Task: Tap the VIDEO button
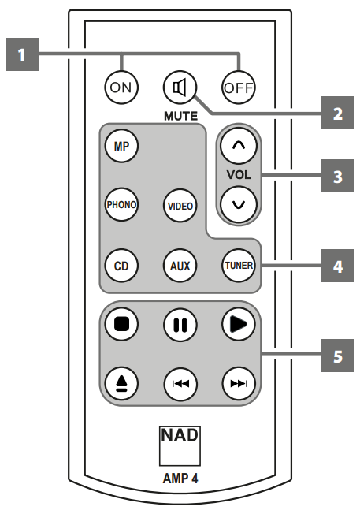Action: click(180, 205)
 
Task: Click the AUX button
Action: click(180, 266)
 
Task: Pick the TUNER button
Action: click(238, 266)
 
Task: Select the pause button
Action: click(180, 324)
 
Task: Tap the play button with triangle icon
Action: click(238, 324)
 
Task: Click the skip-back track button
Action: click(180, 383)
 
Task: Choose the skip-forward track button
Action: click(238, 383)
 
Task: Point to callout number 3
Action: click(337, 175)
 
